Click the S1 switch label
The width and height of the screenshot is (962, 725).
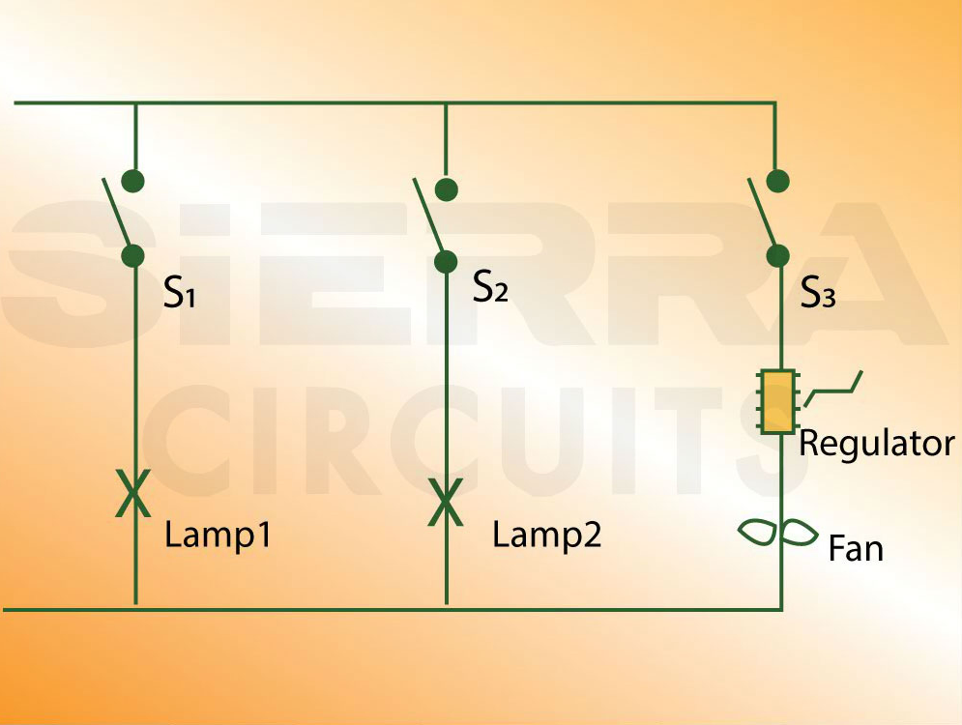coord(180,293)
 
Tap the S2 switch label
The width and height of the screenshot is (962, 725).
coord(490,288)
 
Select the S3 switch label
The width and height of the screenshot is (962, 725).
coord(818,294)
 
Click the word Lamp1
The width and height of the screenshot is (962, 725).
coord(218,535)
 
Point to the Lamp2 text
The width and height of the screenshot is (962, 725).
coord(546,535)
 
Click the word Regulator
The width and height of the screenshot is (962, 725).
coord(877,444)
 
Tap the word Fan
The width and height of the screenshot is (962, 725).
coord(856,549)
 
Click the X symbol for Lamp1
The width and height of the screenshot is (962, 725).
coord(133,493)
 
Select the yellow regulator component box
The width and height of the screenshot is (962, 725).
coord(777,401)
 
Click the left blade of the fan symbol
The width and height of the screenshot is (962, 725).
coord(759,531)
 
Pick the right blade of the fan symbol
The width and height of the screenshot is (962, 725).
coord(801,532)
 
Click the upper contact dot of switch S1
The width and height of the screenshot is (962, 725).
coord(134,181)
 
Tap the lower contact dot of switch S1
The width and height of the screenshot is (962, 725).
coord(133,256)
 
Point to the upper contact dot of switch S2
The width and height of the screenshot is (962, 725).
coord(446,188)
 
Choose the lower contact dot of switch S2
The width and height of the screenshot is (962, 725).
coord(446,261)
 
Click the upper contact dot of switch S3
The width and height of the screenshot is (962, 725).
coord(777,181)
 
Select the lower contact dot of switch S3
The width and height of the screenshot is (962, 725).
coord(777,256)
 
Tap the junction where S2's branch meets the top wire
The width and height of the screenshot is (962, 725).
coord(446,102)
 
